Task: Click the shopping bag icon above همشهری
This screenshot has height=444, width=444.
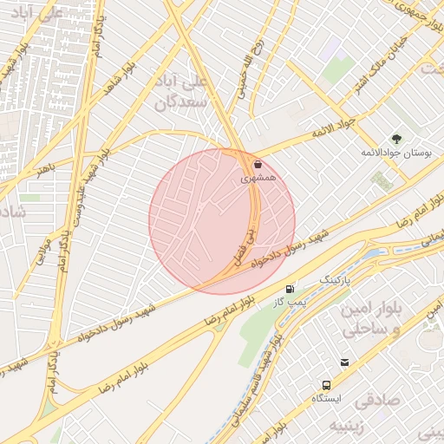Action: click(258, 164)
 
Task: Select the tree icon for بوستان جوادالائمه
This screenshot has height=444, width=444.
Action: click(396, 139)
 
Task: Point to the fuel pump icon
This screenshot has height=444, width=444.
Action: click(290, 289)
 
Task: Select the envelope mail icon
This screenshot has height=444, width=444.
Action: click(345, 362)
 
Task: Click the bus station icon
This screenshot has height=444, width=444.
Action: click(325, 384)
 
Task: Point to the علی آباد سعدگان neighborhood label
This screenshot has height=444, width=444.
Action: click(184, 94)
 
